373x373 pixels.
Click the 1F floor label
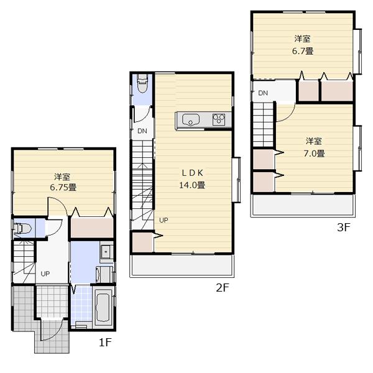[104, 341]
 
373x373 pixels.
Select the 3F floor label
[344, 228]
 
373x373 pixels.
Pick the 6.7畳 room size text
[303, 51]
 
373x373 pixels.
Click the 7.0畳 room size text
[313, 153]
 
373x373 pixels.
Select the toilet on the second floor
[142, 81]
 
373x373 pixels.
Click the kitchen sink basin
[189, 120]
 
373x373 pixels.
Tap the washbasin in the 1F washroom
[106, 252]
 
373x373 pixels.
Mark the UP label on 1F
[46, 274]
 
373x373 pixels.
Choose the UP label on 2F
[163, 220]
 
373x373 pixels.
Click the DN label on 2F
[142, 131]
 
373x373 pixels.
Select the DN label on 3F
[262, 93]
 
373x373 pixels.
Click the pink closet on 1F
[91, 227]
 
